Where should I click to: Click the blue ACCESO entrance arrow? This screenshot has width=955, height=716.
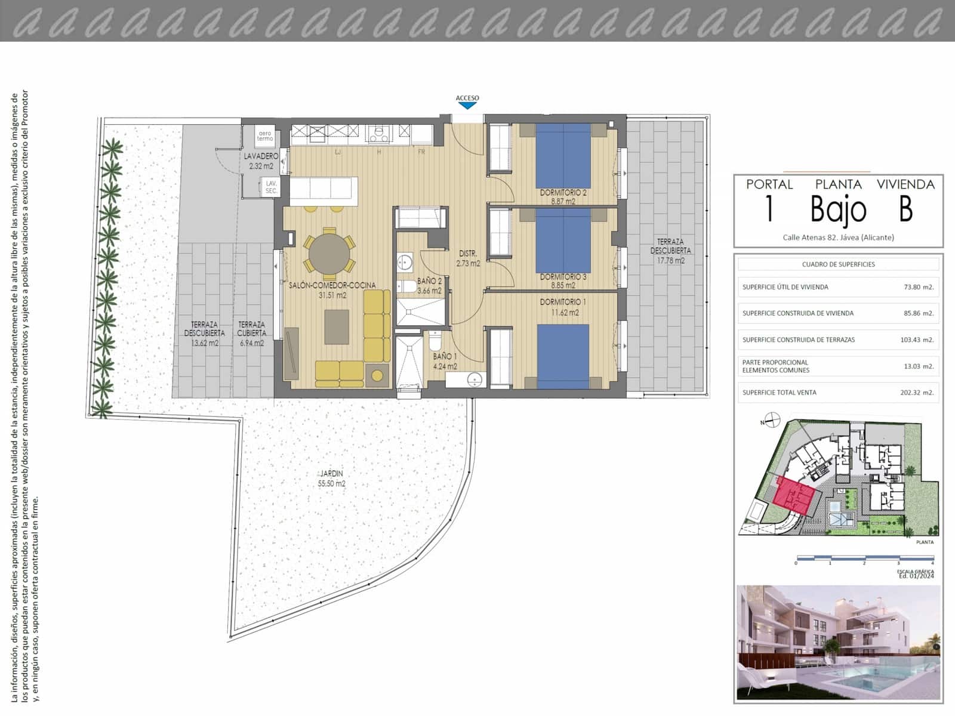(467, 106)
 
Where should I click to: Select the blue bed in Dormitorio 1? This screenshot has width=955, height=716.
(562, 356)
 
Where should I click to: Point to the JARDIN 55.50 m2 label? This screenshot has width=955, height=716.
(331, 479)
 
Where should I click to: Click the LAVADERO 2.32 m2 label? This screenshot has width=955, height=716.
(261, 161)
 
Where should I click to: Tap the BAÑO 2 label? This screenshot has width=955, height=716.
(429, 286)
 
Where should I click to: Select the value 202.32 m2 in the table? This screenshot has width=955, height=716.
(918, 393)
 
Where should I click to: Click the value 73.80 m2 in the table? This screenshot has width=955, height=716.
(918, 287)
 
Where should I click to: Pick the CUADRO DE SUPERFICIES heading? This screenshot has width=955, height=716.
(838, 264)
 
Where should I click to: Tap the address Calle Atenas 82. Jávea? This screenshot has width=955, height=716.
(838, 237)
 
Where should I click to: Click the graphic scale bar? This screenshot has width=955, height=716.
(864, 558)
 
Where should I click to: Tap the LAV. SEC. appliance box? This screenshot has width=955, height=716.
(271, 187)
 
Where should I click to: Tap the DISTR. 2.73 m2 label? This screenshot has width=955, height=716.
(468, 258)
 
